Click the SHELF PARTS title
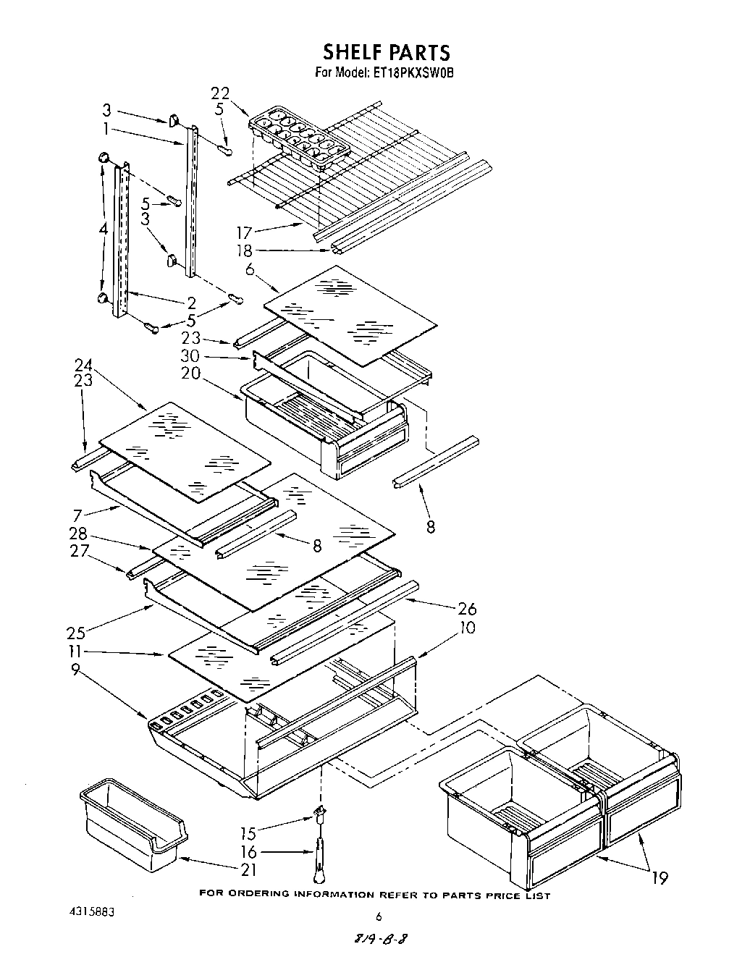click(x=386, y=52)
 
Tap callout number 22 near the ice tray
click(x=220, y=93)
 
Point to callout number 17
click(x=244, y=233)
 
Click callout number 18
click(x=244, y=250)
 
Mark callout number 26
click(x=466, y=610)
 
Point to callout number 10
click(x=467, y=627)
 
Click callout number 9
click(x=75, y=670)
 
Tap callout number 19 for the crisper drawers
click(x=660, y=878)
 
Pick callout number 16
click(x=248, y=852)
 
